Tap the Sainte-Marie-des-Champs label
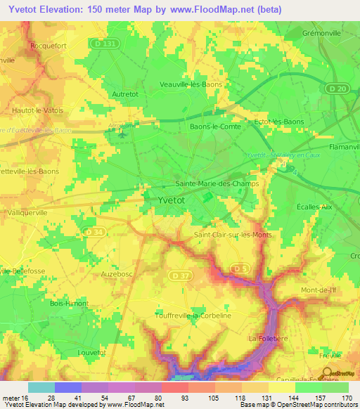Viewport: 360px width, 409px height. click(217, 183)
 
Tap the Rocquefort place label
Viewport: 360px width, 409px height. click(47, 46)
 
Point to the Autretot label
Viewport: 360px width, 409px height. click(127, 93)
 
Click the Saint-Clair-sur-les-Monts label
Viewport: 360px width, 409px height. click(231, 235)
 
